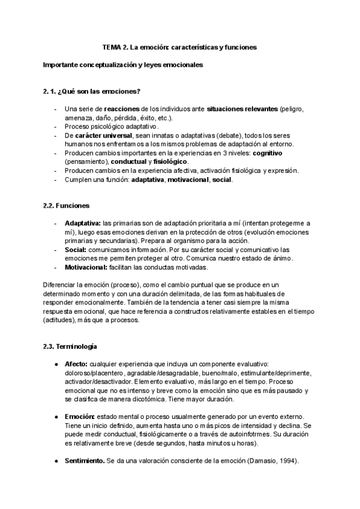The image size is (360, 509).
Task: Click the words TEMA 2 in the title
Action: pos(113,47)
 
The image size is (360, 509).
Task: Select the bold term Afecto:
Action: pos(76,364)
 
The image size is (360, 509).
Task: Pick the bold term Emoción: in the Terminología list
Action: pos(79,417)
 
